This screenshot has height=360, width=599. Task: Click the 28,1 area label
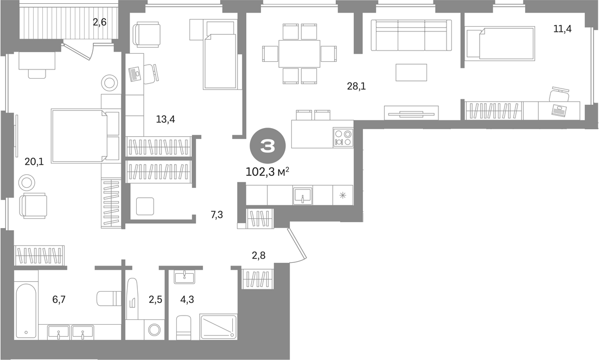tap(356, 86)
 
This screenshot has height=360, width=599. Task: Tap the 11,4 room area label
tap(562, 28)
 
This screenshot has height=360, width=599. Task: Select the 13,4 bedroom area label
tap(165, 119)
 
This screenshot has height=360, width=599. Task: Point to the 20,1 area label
tap(34, 162)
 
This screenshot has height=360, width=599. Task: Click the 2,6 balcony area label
tap(99, 22)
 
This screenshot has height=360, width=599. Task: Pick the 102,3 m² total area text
tap(267, 172)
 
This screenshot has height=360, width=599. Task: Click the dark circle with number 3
tap(267, 146)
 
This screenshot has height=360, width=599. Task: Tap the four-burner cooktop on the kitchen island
tap(343, 137)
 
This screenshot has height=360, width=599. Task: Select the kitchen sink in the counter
tap(303, 195)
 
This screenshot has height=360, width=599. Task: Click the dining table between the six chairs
tap(299, 54)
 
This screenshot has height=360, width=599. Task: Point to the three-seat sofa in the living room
tap(411, 35)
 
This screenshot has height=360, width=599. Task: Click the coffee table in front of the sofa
tap(411, 72)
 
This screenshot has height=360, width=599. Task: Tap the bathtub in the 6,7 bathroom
tap(26, 311)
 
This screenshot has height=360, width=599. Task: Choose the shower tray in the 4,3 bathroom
tap(219, 326)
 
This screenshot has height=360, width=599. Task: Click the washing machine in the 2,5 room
tap(154, 330)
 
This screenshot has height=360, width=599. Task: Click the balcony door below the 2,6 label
tap(78, 51)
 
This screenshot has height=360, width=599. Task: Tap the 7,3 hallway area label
tap(216, 215)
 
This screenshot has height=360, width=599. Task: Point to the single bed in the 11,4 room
tap(500, 43)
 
